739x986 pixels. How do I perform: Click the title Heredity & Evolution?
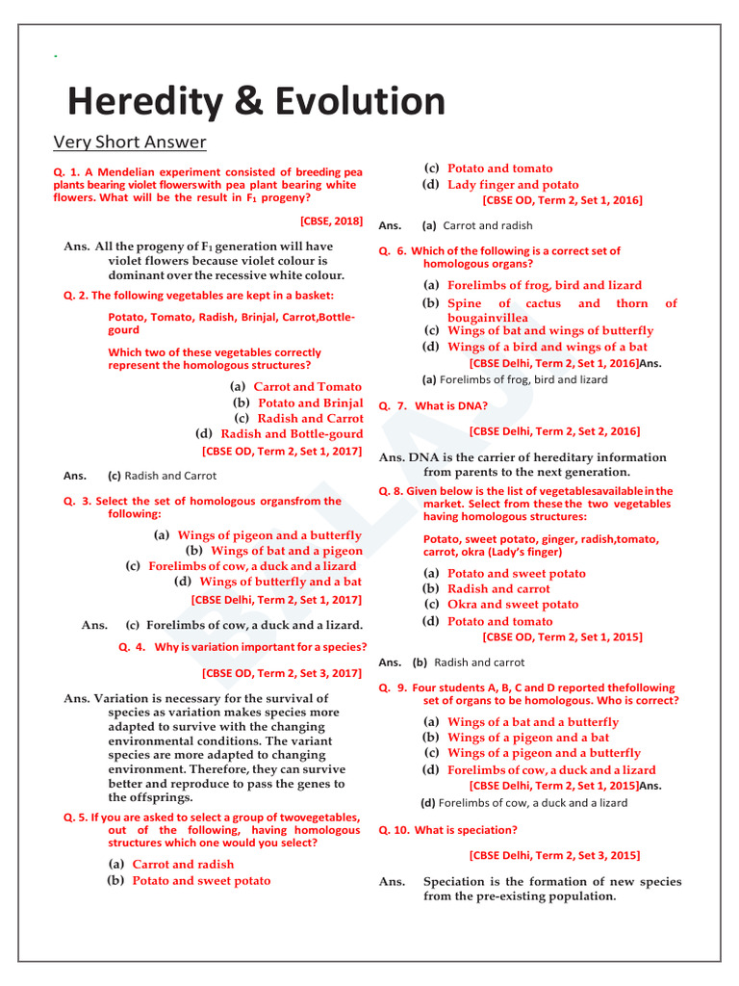pyautogui.click(x=256, y=102)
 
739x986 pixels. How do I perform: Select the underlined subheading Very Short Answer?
pyautogui.click(x=129, y=143)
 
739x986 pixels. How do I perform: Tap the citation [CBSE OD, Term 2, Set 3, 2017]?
pyautogui.click(x=282, y=674)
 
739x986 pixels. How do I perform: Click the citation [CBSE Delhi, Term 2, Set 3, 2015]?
pyautogui.click(x=554, y=855)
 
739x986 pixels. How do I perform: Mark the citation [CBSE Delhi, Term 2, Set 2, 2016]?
pyautogui.click(x=554, y=431)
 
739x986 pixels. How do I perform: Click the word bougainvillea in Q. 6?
pyautogui.click(x=487, y=317)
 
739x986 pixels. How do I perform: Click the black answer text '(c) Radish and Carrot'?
pyautogui.click(x=162, y=476)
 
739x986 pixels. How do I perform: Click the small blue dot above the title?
pyautogui.click(x=56, y=59)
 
